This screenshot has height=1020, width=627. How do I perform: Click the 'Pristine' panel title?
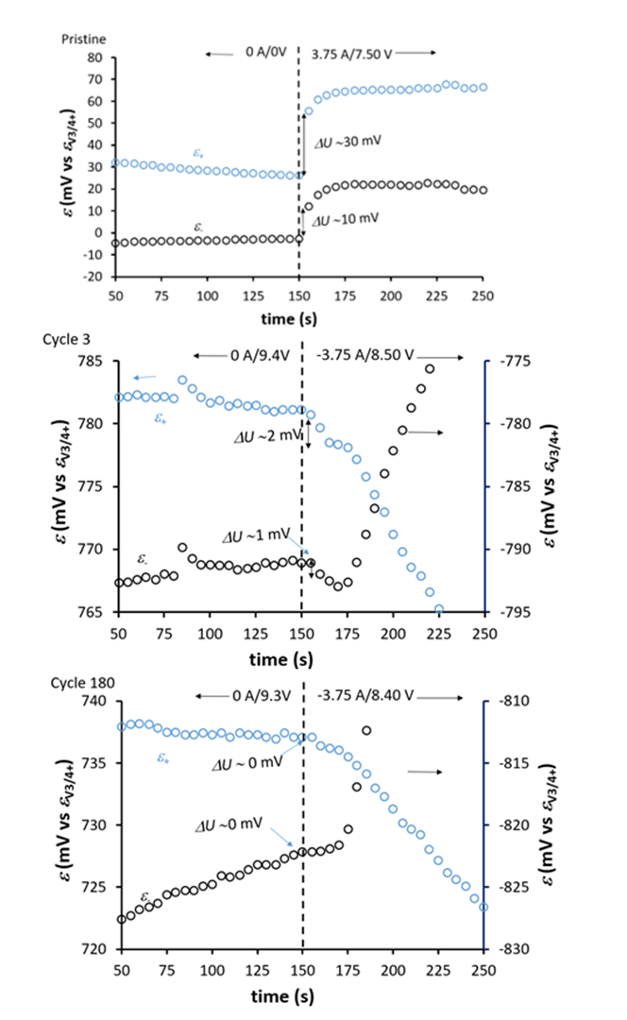[83, 39]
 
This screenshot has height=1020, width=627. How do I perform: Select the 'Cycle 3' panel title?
[66, 339]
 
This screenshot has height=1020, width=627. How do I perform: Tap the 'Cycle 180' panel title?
[82, 683]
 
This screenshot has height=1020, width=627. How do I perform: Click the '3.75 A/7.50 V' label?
[351, 54]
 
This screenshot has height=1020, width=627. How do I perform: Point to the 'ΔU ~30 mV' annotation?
[348, 142]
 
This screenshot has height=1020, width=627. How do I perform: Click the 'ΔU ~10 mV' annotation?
[345, 219]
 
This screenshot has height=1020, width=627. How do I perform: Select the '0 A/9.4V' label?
[259, 355]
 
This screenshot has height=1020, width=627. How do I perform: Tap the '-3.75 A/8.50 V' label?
[364, 355]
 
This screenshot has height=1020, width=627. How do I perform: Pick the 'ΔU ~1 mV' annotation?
[256, 536]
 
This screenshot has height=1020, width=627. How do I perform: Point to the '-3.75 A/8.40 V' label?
[364, 695]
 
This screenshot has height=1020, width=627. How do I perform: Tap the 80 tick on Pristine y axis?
[95, 58]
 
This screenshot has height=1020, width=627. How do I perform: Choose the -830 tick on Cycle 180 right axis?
[515, 949]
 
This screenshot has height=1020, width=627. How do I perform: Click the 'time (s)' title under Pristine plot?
[289, 319]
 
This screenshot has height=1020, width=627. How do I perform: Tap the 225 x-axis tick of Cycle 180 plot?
[438, 970]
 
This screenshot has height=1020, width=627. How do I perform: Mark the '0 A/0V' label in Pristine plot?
[266, 53]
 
